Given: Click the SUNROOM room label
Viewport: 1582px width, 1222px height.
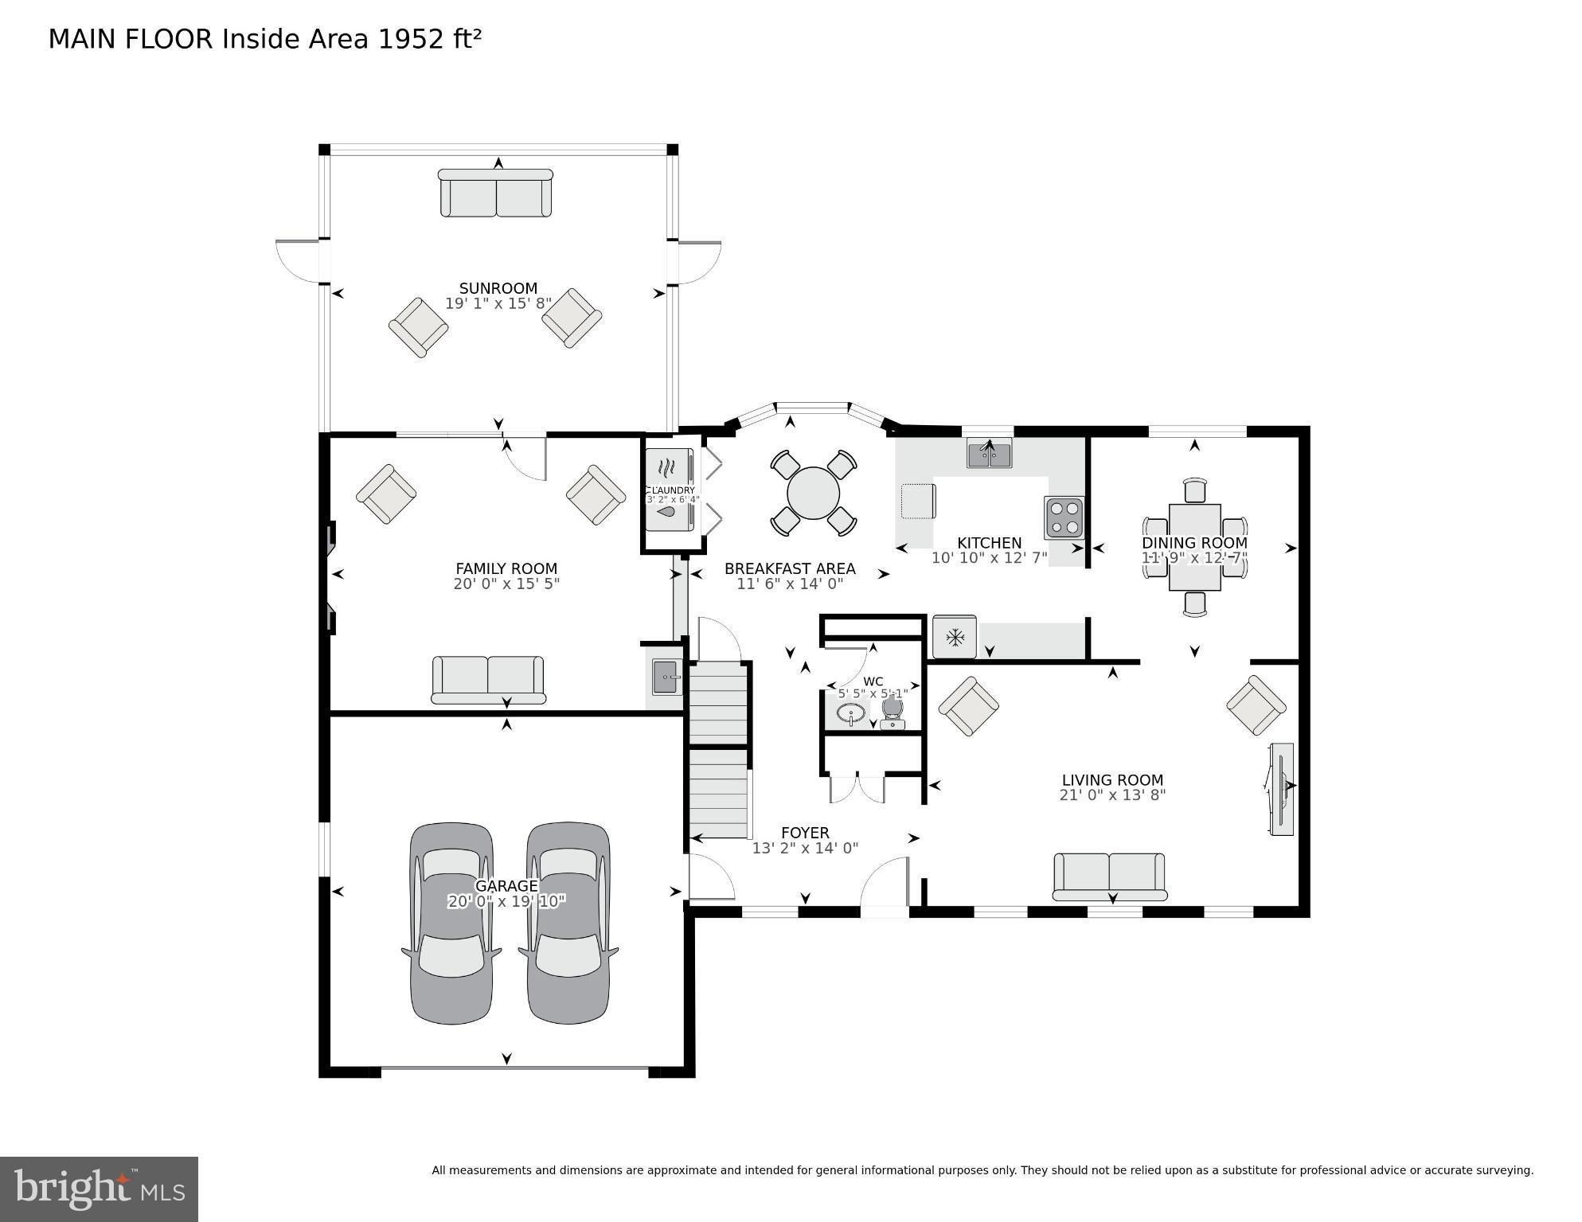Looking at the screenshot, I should pos(498,288).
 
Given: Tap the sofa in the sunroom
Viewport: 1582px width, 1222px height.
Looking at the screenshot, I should pos(496,193).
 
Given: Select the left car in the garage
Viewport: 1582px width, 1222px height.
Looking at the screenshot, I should pos(451,923).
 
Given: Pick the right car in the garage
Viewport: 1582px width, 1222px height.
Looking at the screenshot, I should pos(568,923).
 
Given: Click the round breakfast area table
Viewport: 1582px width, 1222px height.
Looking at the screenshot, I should pos(813,494).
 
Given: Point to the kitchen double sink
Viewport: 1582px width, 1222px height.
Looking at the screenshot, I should pos(989,454).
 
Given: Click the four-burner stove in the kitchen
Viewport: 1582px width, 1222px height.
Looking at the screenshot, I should pos(1064,517).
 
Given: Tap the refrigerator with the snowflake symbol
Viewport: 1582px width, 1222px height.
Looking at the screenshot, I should pos(954,637).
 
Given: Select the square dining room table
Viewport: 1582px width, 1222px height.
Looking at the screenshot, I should pos(1194,547).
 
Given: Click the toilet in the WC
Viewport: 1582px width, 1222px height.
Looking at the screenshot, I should pos(893,713).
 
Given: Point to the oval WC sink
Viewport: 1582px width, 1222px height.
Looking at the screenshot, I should pos(851,713).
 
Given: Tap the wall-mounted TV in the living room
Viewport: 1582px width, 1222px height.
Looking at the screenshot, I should pos(1280,789).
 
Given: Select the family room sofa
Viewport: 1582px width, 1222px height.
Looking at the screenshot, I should pos(488,679).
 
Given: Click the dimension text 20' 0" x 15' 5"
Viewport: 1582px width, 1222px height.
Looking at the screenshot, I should pos(506,584).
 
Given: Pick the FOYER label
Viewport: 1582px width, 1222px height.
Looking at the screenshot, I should pos(804,833).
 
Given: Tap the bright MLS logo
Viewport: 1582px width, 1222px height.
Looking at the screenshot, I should pos(99,1189).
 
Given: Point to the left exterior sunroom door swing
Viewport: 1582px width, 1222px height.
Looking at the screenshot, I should pos(299,260).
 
